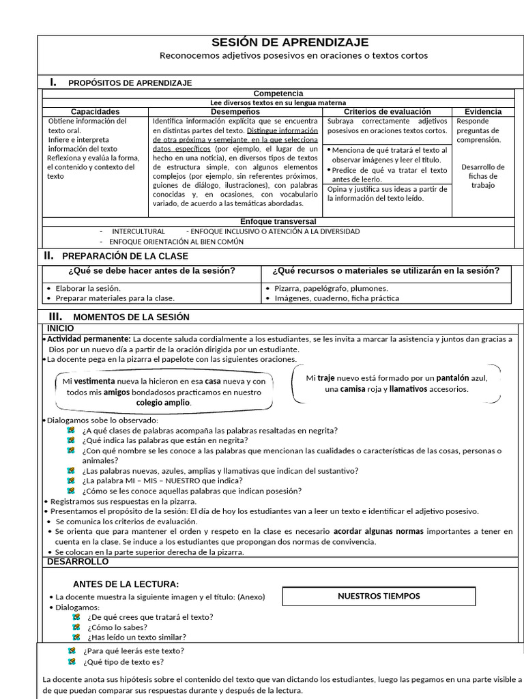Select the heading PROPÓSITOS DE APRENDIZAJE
click(x=130, y=83)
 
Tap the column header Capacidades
click(x=95, y=111)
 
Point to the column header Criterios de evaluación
click(x=387, y=111)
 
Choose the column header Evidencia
click(x=483, y=111)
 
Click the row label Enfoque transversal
click(x=278, y=221)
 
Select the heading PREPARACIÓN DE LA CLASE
click(x=125, y=256)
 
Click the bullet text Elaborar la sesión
click(x=88, y=288)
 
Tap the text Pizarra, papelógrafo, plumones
click(x=331, y=288)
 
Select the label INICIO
click(x=61, y=328)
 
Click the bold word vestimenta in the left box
click(x=94, y=381)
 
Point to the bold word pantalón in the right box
click(x=454, y=377)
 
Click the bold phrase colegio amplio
click(x=164, y=403)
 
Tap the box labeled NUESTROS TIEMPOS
click(x=379, y=596)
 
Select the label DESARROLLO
click(x=77, y=561)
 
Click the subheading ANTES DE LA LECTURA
click(x=126, y=584)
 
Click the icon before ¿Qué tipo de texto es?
click(x=72, y=661)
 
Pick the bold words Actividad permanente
click(x=88, y=339)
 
